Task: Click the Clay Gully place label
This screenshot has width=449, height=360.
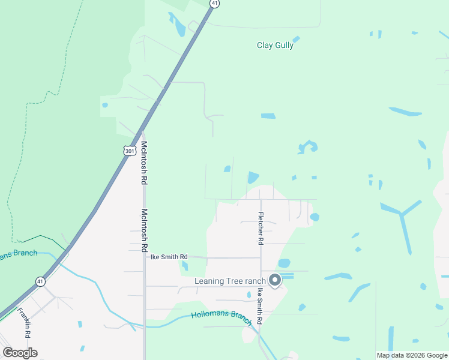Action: tap(275, 45)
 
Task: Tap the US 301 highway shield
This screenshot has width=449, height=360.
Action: tap(129, 151)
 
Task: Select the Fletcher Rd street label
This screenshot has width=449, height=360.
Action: tap(261, 229)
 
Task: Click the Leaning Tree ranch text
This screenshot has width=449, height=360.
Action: tap(230, 281)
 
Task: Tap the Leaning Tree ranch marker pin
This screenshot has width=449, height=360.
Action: tap(275, 280)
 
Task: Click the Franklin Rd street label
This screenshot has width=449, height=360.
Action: tap(24, 322)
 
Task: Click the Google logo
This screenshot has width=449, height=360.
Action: tap(20, 353)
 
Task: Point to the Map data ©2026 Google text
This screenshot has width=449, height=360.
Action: tap(412, 355)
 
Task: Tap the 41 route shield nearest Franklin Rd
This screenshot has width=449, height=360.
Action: tap(40, 281)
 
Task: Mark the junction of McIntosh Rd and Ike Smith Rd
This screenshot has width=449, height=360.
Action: tap(144, 257)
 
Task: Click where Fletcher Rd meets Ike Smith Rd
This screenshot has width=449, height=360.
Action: tap(261, 257)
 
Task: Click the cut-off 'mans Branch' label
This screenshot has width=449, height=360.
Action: tap(18, 254)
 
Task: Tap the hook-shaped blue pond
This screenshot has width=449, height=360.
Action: tap(309, 146)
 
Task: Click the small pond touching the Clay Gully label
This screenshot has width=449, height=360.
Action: tap(296, 39)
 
